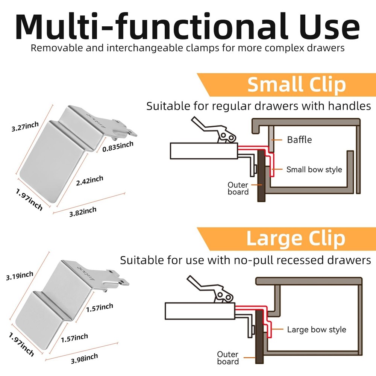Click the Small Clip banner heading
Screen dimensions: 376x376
tap(296, 85)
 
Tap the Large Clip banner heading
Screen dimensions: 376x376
tap(296, 238)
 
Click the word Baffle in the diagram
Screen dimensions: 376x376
tap(299, 140)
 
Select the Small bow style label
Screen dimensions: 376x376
tap(314, 169)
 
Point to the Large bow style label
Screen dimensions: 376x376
tap(316, 330)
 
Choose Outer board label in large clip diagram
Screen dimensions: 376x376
tap(227, 358)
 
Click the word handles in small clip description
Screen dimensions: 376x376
tap(349, 106)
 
